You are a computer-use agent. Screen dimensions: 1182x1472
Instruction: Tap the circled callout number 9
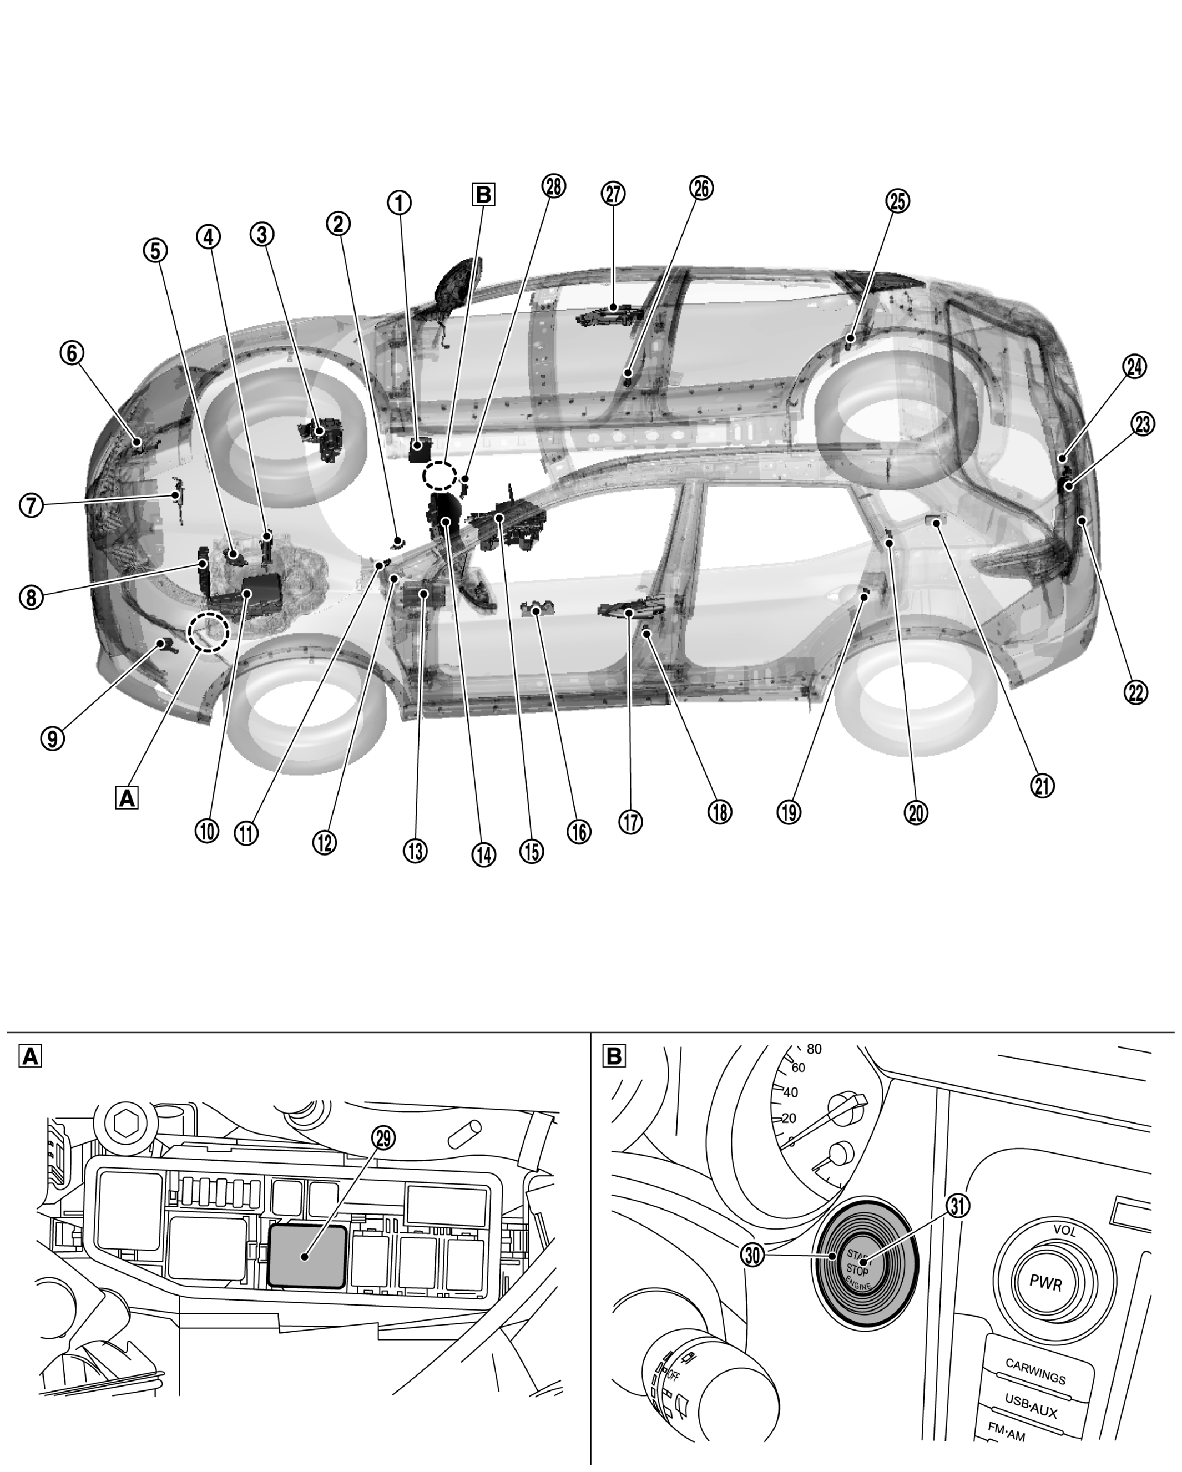[x=53, y=738]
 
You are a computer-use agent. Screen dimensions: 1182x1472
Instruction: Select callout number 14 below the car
[x=483, y=854]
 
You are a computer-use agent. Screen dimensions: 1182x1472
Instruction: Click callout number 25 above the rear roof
[x=898, y=200]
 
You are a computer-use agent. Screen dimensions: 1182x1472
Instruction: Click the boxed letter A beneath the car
[x=127, y=797]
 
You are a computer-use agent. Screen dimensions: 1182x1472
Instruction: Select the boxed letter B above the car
[x=483, y=195]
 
